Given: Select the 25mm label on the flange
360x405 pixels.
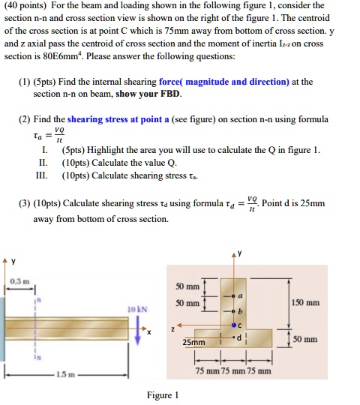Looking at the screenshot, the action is click(193, 341).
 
